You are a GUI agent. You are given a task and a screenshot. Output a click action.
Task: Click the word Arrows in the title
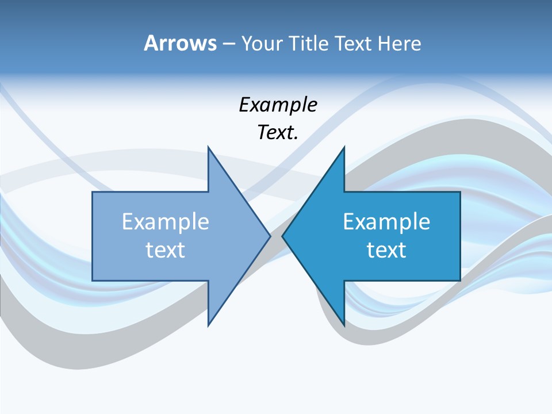(x=179, y=43)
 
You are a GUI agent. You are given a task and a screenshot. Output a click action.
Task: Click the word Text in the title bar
(x=354, y=43)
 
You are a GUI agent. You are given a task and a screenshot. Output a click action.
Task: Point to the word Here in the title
(x=399, y=43)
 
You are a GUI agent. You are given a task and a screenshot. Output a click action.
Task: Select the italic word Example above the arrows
(x=278, y=105)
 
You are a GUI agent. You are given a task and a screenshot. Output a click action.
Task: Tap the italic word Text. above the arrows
(x=278, y=132)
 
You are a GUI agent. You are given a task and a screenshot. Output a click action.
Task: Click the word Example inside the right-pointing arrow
(x=165, y=221)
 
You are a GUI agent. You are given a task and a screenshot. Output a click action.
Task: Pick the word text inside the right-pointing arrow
(x=165, y=250)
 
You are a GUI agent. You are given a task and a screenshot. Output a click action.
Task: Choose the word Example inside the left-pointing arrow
(x=386, y=221)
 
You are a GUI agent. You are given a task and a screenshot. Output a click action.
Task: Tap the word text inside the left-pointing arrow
(x=386, y=250)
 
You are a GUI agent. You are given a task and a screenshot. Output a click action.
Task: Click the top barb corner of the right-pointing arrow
(x=208, y=147)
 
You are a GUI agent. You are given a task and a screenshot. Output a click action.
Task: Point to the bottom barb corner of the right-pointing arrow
(x=208, y=325)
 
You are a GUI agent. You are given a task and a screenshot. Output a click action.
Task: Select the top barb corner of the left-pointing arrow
(x=344, y=147)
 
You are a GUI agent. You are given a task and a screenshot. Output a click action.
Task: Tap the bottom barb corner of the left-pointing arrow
(x=344, y=325)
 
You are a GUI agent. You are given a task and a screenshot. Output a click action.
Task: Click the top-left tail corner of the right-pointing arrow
(x=93, y=192)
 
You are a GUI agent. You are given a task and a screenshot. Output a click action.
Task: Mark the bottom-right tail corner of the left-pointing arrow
(x=460, y=280)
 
